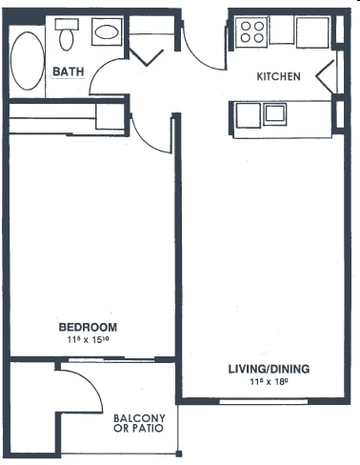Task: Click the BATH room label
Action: pos(69,71)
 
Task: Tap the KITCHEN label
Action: pos(278,76)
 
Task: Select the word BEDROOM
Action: pos(88,327)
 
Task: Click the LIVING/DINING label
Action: pos(269,369)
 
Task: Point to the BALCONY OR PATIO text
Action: pos(139,423)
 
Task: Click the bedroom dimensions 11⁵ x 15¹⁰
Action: pos(89,340)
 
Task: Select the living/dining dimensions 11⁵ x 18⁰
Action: pos(269,381)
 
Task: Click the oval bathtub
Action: pos(28,61)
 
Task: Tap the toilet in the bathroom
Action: pos(67,34)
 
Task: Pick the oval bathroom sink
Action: pos(107,31)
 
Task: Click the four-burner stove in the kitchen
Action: pos(252,31)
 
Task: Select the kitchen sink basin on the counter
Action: pos(275,114)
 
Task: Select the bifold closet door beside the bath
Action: pos(147,57)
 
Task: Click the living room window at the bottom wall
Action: pos(264,402)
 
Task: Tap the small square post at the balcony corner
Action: pos(179,454)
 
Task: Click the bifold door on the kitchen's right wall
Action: pos(325,76)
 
